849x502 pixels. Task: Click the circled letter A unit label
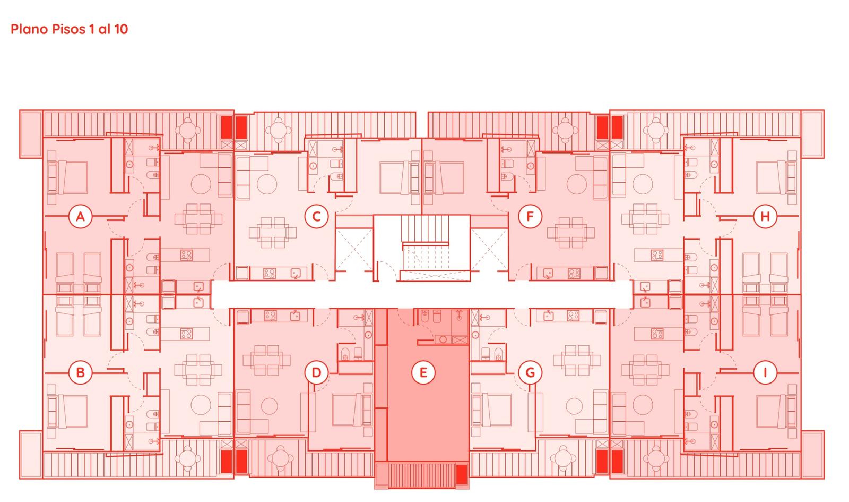coord(80,216)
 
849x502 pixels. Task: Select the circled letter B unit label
coord(80,372)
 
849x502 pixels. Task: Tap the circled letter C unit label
coord(316,216)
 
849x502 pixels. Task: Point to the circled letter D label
coord(316,372)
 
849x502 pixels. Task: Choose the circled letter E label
coord(423,372)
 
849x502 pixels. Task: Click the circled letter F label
coord(530,216)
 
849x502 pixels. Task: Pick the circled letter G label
coord(530,372)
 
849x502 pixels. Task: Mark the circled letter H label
coord(765,216)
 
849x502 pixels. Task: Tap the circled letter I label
coord(765,372)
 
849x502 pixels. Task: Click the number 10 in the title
coord(121,29)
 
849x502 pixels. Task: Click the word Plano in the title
coord(30,29)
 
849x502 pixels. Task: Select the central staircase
coord(425,242)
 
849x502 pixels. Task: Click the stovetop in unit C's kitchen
coord(270,273)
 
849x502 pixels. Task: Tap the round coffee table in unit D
coord(270,406)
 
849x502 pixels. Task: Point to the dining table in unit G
coord(577,360)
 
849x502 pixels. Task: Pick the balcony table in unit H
coord(655,130)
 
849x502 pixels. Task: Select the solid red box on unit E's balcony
coord(462,474)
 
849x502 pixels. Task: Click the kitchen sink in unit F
coord(547,273)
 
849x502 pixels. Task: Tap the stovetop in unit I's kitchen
coord(657,334)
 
